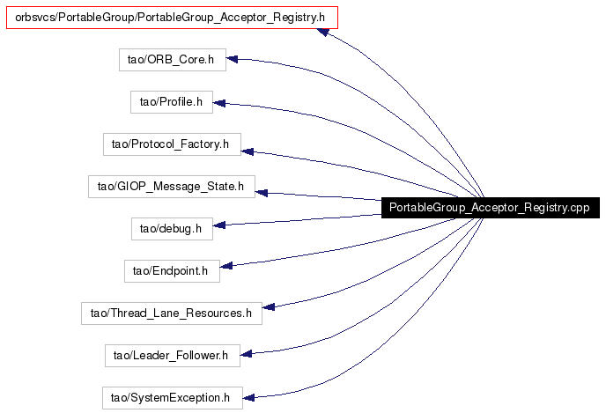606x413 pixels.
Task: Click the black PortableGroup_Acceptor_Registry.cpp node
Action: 491,208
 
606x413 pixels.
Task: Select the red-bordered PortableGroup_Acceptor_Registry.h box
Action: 172,18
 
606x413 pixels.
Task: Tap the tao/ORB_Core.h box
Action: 173,60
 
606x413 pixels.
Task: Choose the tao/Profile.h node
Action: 172,102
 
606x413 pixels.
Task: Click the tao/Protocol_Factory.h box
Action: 172,144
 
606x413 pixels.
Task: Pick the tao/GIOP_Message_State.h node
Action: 172,187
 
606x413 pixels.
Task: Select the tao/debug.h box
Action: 172,229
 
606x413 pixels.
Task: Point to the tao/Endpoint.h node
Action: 172,271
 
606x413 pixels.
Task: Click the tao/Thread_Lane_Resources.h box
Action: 172,313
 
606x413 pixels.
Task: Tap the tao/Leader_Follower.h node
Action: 173,356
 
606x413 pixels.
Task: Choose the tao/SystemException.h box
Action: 173,398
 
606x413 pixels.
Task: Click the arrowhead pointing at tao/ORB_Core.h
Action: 232,59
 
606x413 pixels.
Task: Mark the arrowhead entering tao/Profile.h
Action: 219,103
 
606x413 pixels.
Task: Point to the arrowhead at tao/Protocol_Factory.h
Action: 248,151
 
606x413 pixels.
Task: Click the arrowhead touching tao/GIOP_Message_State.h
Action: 262,192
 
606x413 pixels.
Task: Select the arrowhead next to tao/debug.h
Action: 219,225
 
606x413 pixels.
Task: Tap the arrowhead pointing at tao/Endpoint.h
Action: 226,265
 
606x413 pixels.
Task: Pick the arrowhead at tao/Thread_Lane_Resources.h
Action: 269,307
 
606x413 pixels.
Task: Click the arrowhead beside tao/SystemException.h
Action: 248,397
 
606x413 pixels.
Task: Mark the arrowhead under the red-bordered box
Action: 323,32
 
